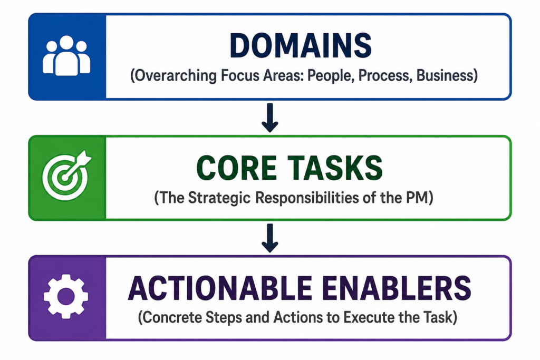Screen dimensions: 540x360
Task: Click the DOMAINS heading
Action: pos(301,46)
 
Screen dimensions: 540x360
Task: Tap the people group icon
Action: pos(66,56)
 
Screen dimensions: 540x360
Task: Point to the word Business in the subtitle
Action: pos(447,75)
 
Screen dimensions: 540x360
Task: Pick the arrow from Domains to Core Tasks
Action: pos(270,118)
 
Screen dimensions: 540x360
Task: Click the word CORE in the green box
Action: pos(237,168)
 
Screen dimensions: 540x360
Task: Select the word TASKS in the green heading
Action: pos(335,168)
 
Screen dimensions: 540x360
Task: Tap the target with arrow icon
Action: pos(67,176)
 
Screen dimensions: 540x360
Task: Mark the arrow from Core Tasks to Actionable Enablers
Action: pos(270,238)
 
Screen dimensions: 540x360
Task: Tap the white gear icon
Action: pos(66,296)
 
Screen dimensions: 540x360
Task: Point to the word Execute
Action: pos(370,317)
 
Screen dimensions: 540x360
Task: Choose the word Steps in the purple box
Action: pos(224,317)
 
